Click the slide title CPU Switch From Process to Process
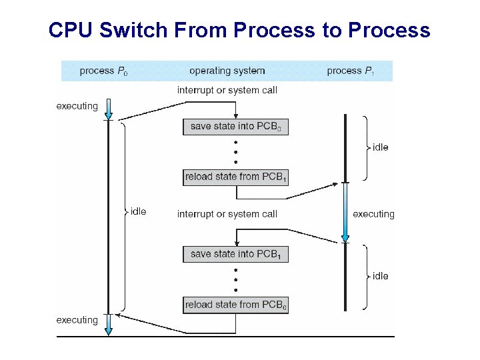(239, 31)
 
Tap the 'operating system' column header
(227, 71)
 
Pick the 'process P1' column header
(351, 71)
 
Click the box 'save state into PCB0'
(236, 127)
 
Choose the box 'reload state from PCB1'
(236, 177)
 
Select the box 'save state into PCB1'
(236, 254)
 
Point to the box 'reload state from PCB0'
(236, 305)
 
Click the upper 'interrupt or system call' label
(227, 90)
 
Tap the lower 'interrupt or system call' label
(227, 214)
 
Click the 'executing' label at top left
(77, 106)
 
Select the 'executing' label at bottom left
(77, 320)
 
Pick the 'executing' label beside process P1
(373, 214)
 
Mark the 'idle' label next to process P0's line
(138, 211)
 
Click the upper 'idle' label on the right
(381, 147)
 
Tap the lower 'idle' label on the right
(381, 276)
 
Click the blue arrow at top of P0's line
(109, 108)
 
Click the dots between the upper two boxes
(236, 152)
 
